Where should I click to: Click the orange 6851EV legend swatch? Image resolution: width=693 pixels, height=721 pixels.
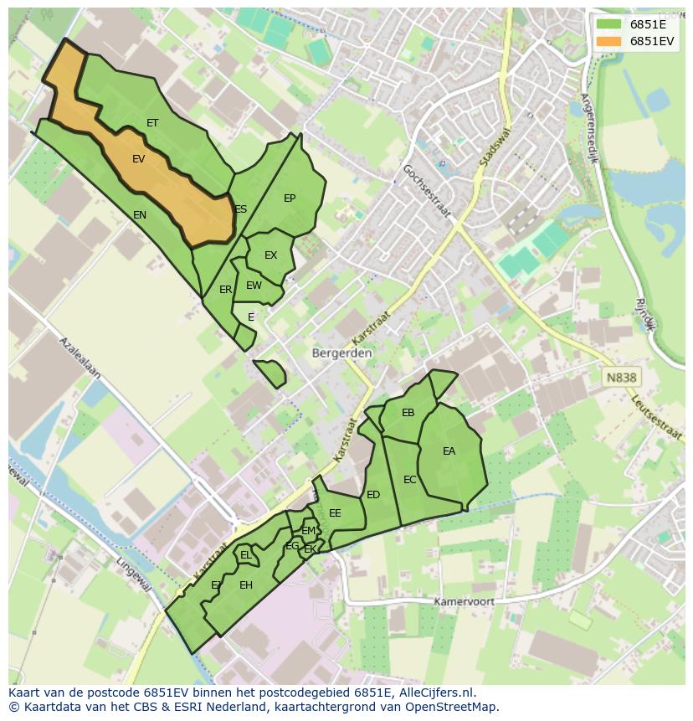(608, 41)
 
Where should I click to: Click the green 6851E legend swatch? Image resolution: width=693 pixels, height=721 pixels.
(608, 24)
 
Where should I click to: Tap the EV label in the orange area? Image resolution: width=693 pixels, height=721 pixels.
(138, 159)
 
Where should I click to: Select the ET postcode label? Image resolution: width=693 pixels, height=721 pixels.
(152, 123)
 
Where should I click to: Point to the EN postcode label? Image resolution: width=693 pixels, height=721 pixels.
(140, 215)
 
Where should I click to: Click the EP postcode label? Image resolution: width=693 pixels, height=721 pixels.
(290, 198)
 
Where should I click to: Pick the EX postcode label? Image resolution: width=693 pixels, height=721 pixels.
(270, 255)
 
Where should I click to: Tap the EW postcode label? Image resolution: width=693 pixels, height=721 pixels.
(254, 286)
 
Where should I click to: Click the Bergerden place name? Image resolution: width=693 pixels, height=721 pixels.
(341, 353)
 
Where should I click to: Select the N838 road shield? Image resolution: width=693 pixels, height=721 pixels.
(621, 378)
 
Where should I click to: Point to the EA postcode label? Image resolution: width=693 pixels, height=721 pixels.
(449, 451)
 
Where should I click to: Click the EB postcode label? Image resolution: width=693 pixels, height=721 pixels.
(408, 413)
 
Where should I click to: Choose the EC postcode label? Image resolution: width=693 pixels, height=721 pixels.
(410, 480)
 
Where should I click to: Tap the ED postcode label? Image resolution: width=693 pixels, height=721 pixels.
(373, 495)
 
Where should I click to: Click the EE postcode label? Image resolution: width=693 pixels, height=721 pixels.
(335, 513)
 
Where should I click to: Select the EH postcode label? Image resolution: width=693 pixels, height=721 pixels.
(246, 585)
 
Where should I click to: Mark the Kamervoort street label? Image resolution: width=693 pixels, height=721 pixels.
(464, 602)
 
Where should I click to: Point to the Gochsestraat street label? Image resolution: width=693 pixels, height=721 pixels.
(426, 191)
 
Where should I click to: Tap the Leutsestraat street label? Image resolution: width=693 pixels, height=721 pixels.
(657, 416)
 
